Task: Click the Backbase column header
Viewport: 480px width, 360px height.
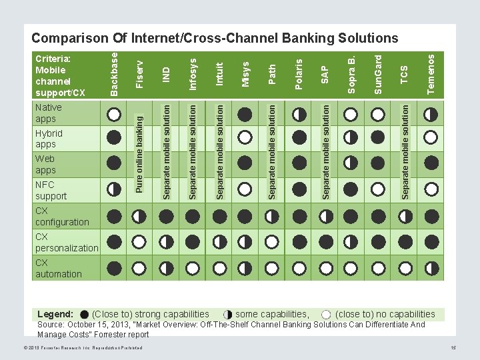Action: (x=114, y=73)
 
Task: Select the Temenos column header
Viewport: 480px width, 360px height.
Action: (x=431, y=73)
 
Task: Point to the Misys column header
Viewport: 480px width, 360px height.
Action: (x=245, y=73)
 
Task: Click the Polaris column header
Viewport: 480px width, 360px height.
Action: (x=299, y=73)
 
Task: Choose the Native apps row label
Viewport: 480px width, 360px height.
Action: (x=48, y=113)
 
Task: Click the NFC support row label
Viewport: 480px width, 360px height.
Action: (x=51, y=190)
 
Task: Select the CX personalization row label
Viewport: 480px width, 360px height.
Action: (x=66, y=242)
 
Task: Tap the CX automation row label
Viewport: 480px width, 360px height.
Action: (x=58, y=268)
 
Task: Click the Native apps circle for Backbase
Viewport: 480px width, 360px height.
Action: (x=114, y=114)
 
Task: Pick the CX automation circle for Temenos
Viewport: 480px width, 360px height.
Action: (x=431, y=269)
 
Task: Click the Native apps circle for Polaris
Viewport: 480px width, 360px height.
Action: (x=299, y=114)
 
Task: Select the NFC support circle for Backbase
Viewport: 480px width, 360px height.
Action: (x=114, y=190)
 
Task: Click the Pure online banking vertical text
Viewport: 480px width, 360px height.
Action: (x=139, y=153)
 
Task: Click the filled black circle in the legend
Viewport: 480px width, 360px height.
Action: (x=84, y=315)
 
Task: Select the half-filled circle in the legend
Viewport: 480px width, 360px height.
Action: (x=228, y=315)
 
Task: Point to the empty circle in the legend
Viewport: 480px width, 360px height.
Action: (x=326, y=315)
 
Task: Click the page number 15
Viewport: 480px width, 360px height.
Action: (x=453, y=349)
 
